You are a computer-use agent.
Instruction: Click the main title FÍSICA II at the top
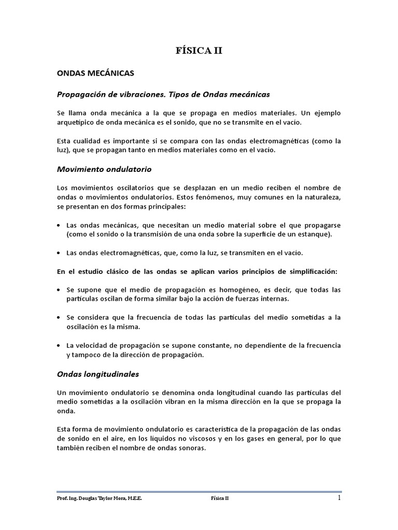(x=199, y=51)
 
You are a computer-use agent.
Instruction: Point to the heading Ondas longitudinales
(x=97, y=374)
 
